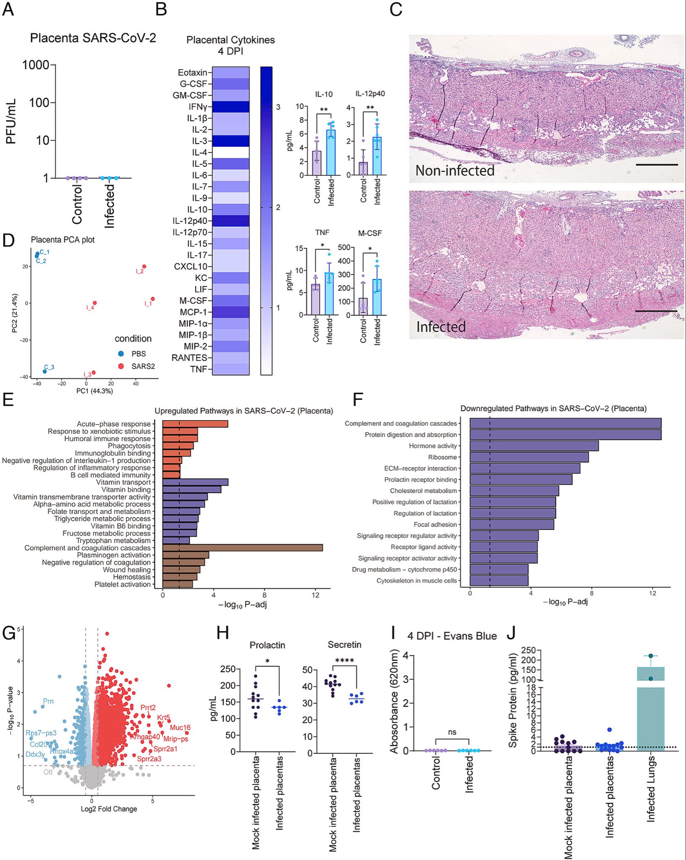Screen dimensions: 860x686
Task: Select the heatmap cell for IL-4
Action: (x=230, y=152)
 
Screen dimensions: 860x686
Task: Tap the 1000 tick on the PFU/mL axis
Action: (x=36, y=65)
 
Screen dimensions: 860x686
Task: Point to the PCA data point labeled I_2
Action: (x=144, y=266)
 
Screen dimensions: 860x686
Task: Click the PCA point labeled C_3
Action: (x=45, y=371)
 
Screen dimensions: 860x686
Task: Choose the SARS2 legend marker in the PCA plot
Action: (x=121, y=366)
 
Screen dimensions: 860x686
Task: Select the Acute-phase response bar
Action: (x=195, y=424)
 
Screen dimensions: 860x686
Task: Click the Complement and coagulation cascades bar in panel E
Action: (x=242, y=548)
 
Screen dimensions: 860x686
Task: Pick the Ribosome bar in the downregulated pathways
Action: (x=529, y=457)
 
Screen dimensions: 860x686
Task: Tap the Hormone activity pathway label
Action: (x=432, y=446)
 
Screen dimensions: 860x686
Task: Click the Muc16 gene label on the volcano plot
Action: (x=180, y=727)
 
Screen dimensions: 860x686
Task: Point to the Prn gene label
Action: (x=48, y=701)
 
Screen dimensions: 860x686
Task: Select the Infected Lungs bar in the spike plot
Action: (x=650, y=714)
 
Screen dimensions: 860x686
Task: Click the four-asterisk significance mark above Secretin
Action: (x=345, y=660)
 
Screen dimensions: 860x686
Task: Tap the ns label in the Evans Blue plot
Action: (x=452, y=732)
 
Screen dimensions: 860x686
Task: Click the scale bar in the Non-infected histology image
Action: (x=657, y=165)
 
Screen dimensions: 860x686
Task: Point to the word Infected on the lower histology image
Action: (x=441, y=327)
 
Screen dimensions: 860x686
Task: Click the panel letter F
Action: (x=358, y=399)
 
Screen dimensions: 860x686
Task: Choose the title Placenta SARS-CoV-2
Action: (x=93, y=38)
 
